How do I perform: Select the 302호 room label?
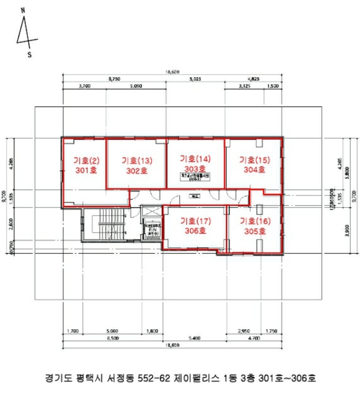(x=136, y=171)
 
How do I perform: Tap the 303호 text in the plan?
(x=195, y=168)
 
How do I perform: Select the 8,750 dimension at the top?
(x=114, y=78)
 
